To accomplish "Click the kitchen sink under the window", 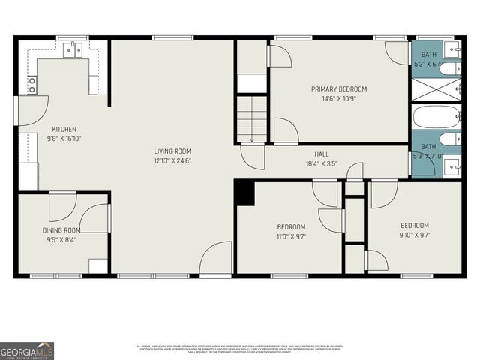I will [73, 50].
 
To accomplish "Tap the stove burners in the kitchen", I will [31, 85].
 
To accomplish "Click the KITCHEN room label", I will [64, 130].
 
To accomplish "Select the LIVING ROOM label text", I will [172, 151].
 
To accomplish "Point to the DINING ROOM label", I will [61, 230].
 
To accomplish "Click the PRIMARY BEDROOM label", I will [339, 88].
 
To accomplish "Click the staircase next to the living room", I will [252, 118].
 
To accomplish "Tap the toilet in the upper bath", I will [448, 70].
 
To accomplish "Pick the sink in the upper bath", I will [453, 50].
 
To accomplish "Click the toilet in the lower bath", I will [448, 139].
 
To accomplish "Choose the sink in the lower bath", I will [453, 166].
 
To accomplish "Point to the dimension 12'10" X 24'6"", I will [172, 160].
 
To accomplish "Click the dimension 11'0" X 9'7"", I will [291, 236].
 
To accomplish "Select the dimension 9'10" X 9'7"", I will [414, 235].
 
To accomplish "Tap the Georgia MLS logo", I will [27, 350].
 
